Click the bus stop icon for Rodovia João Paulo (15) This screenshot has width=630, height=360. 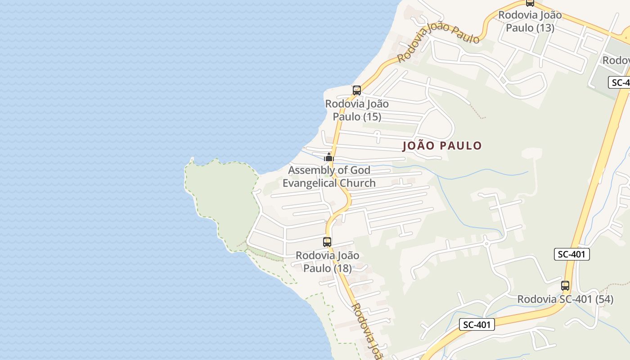pos(356,90)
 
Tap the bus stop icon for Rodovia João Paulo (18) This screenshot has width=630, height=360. pos(327,242)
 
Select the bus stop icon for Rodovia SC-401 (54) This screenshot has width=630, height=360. pos(565,285)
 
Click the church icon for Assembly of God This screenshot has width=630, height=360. pos(329,157)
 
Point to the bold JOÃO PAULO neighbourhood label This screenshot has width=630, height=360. pos(442,146)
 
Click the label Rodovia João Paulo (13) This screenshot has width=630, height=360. pos(530,21)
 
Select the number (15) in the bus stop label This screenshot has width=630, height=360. pos(369,117)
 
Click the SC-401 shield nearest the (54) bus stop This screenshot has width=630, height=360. pos(571,254)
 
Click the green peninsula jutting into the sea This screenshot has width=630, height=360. pos(223,198)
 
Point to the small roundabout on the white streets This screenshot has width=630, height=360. pos(486,243)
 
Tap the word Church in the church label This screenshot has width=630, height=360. pos(358,183)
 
